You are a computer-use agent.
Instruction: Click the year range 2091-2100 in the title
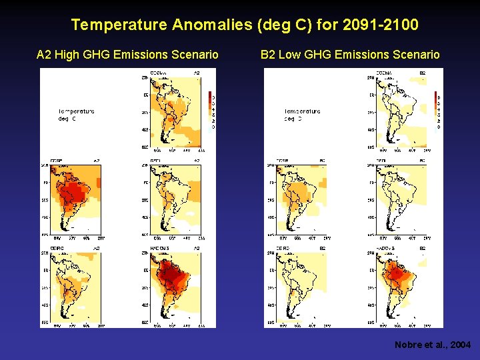pos(379,25)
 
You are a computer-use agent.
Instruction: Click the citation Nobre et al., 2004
pos(433,345)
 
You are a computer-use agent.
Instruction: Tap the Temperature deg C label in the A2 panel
pos(76,115)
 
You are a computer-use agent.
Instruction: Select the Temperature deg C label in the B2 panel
pos(301,115)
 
